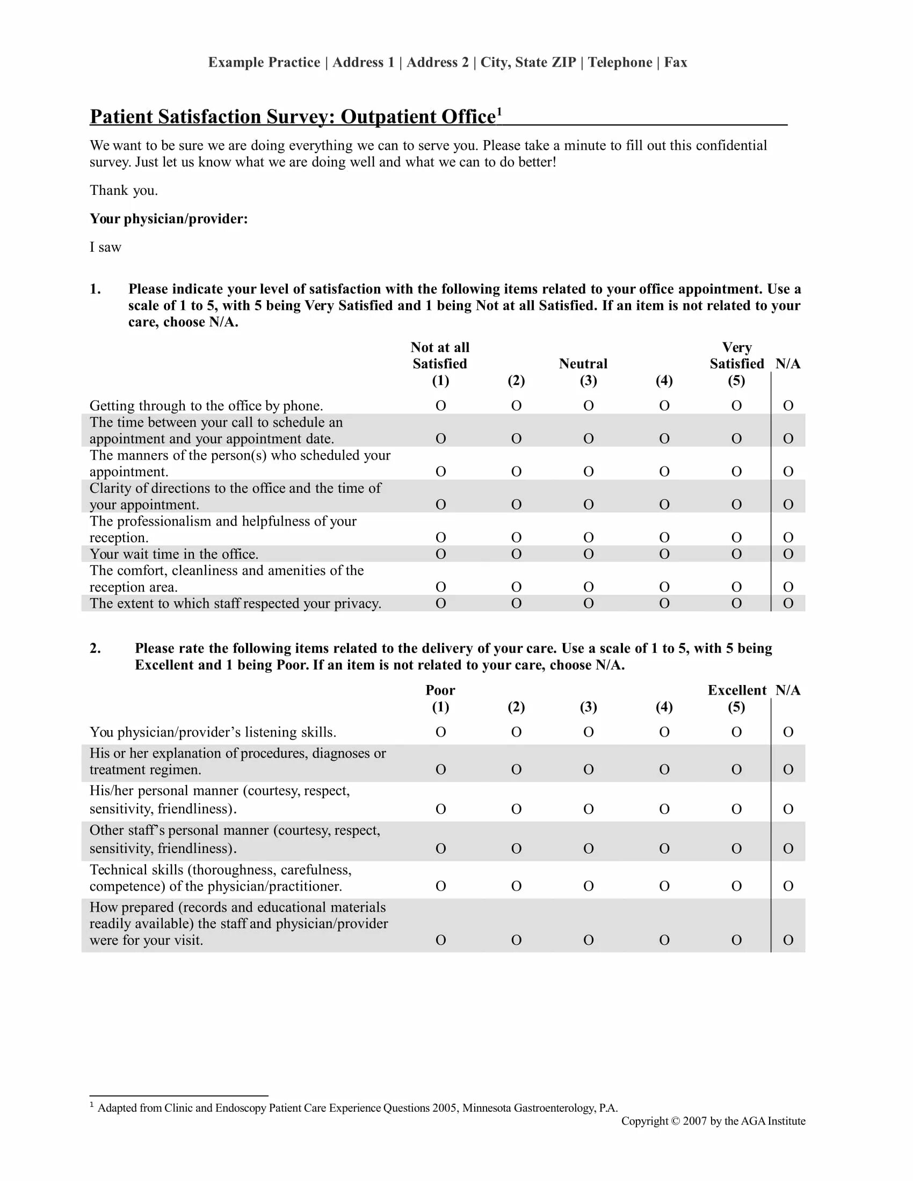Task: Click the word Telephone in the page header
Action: pos(620,62)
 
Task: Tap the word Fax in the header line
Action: pos(676,62)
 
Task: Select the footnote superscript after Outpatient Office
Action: pos(499,112)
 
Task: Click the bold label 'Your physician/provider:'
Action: pos(169,218)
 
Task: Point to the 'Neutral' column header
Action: pos(583,363)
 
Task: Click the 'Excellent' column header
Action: pos(737,690)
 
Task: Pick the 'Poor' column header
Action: pos(440,690)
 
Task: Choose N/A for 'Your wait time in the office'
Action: pos(788,554)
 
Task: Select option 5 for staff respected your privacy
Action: pos(736,603)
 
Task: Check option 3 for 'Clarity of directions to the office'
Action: pos(589,505)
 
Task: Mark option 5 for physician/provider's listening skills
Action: pos(736,732)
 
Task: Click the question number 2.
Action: pos(95,648)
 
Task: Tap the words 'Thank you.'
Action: pos(124,191)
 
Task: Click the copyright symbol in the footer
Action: pos(675,1121)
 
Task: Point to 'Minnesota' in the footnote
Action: pos(486,1108)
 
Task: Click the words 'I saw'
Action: pos(105,247)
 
